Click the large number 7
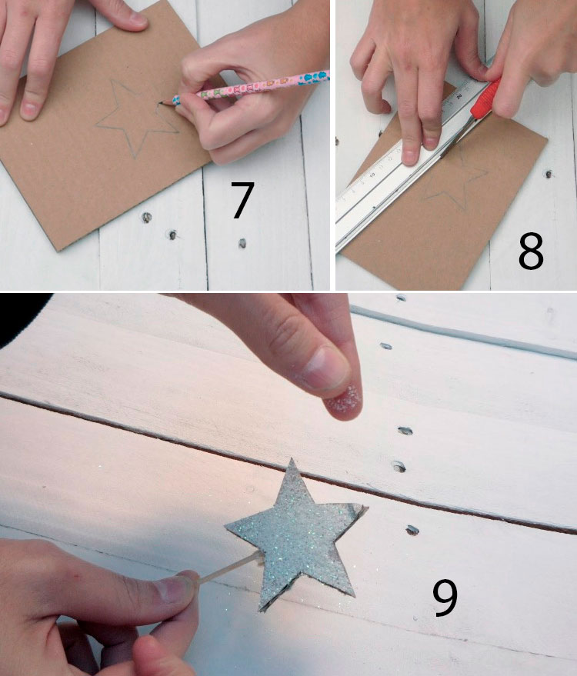[x=242, y=200]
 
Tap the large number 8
[x=531, y=251]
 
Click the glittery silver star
[x=297, y=534]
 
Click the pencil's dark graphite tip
[x=161, y=102]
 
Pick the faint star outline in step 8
[x=457, y=181]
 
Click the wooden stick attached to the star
[x=228, y=568]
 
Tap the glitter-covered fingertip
[x=344, y=403]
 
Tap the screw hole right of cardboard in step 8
[x=549, y=174]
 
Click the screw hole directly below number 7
[x=242, y=243]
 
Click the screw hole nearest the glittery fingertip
[x=405, y=430]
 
